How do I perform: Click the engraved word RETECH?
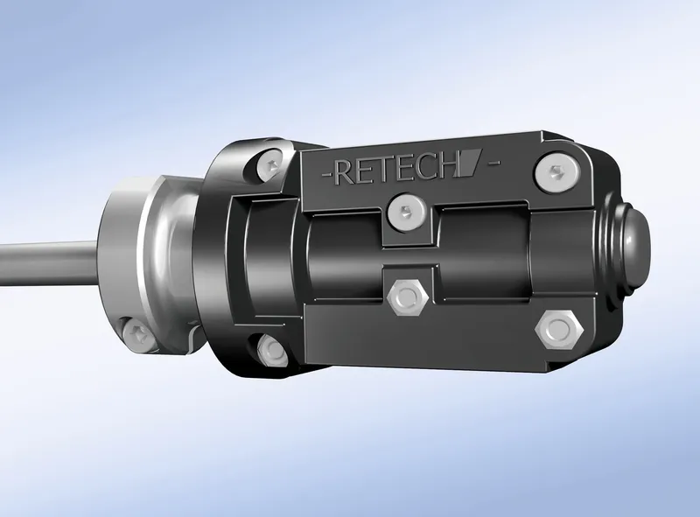[x=397, y=169]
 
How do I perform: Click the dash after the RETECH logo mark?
[x=493, y=163]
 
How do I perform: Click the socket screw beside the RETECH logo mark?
[x=557, y=174]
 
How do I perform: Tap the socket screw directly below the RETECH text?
[x=407, y=213]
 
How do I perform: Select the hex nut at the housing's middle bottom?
[x=408, y=297]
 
